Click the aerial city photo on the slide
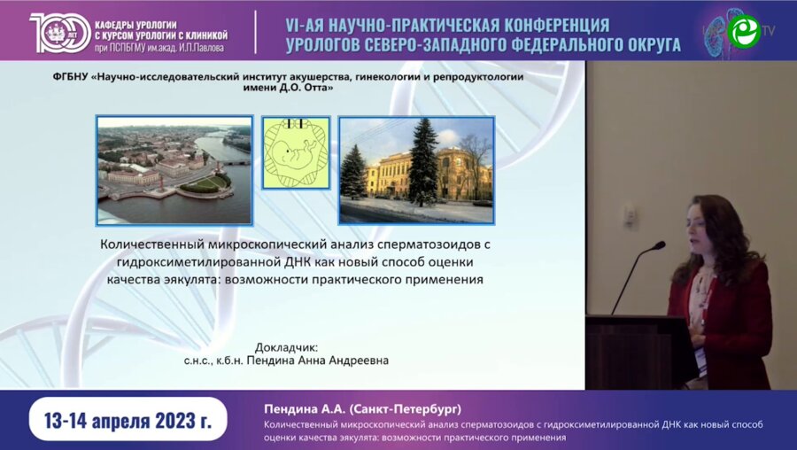pyautogui.click(x=174, y=170)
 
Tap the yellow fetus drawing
pyautogui.click(x=296, y=151)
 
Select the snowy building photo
pyautogui.click(x=416, y=170)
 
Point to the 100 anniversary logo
pyautogui.click(x=55, y=32)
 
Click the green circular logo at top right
pyautogui.click(x=743, y=31)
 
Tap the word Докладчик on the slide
pyautogui.click(x=285, y=347)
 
